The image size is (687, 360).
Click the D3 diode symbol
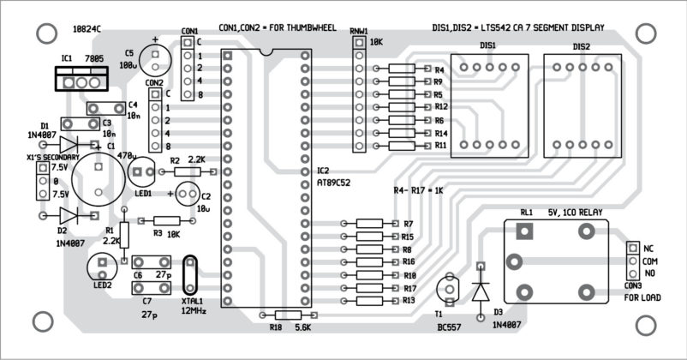click(480, 291)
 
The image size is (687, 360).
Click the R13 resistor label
click(409, 301)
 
